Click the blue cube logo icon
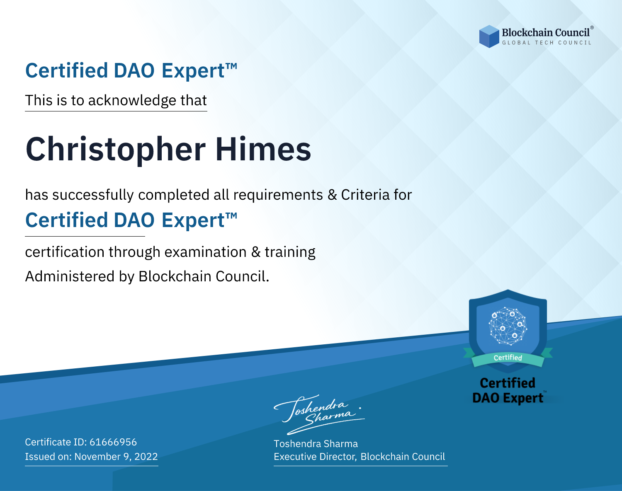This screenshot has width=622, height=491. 489,36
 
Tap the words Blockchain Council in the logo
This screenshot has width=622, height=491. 546,33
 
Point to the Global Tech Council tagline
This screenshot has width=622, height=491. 547,43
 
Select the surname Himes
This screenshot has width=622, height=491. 263,149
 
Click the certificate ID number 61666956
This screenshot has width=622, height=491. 113,442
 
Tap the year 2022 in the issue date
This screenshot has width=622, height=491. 146,456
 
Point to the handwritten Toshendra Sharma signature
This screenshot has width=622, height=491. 319,414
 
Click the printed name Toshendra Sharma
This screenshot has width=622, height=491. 316,444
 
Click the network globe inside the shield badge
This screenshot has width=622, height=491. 508,326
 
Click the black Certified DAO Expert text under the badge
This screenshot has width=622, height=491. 508,390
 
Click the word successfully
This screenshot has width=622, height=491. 93,195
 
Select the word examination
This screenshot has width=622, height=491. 205,252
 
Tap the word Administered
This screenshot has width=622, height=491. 70,276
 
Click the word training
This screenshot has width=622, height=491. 290,252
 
